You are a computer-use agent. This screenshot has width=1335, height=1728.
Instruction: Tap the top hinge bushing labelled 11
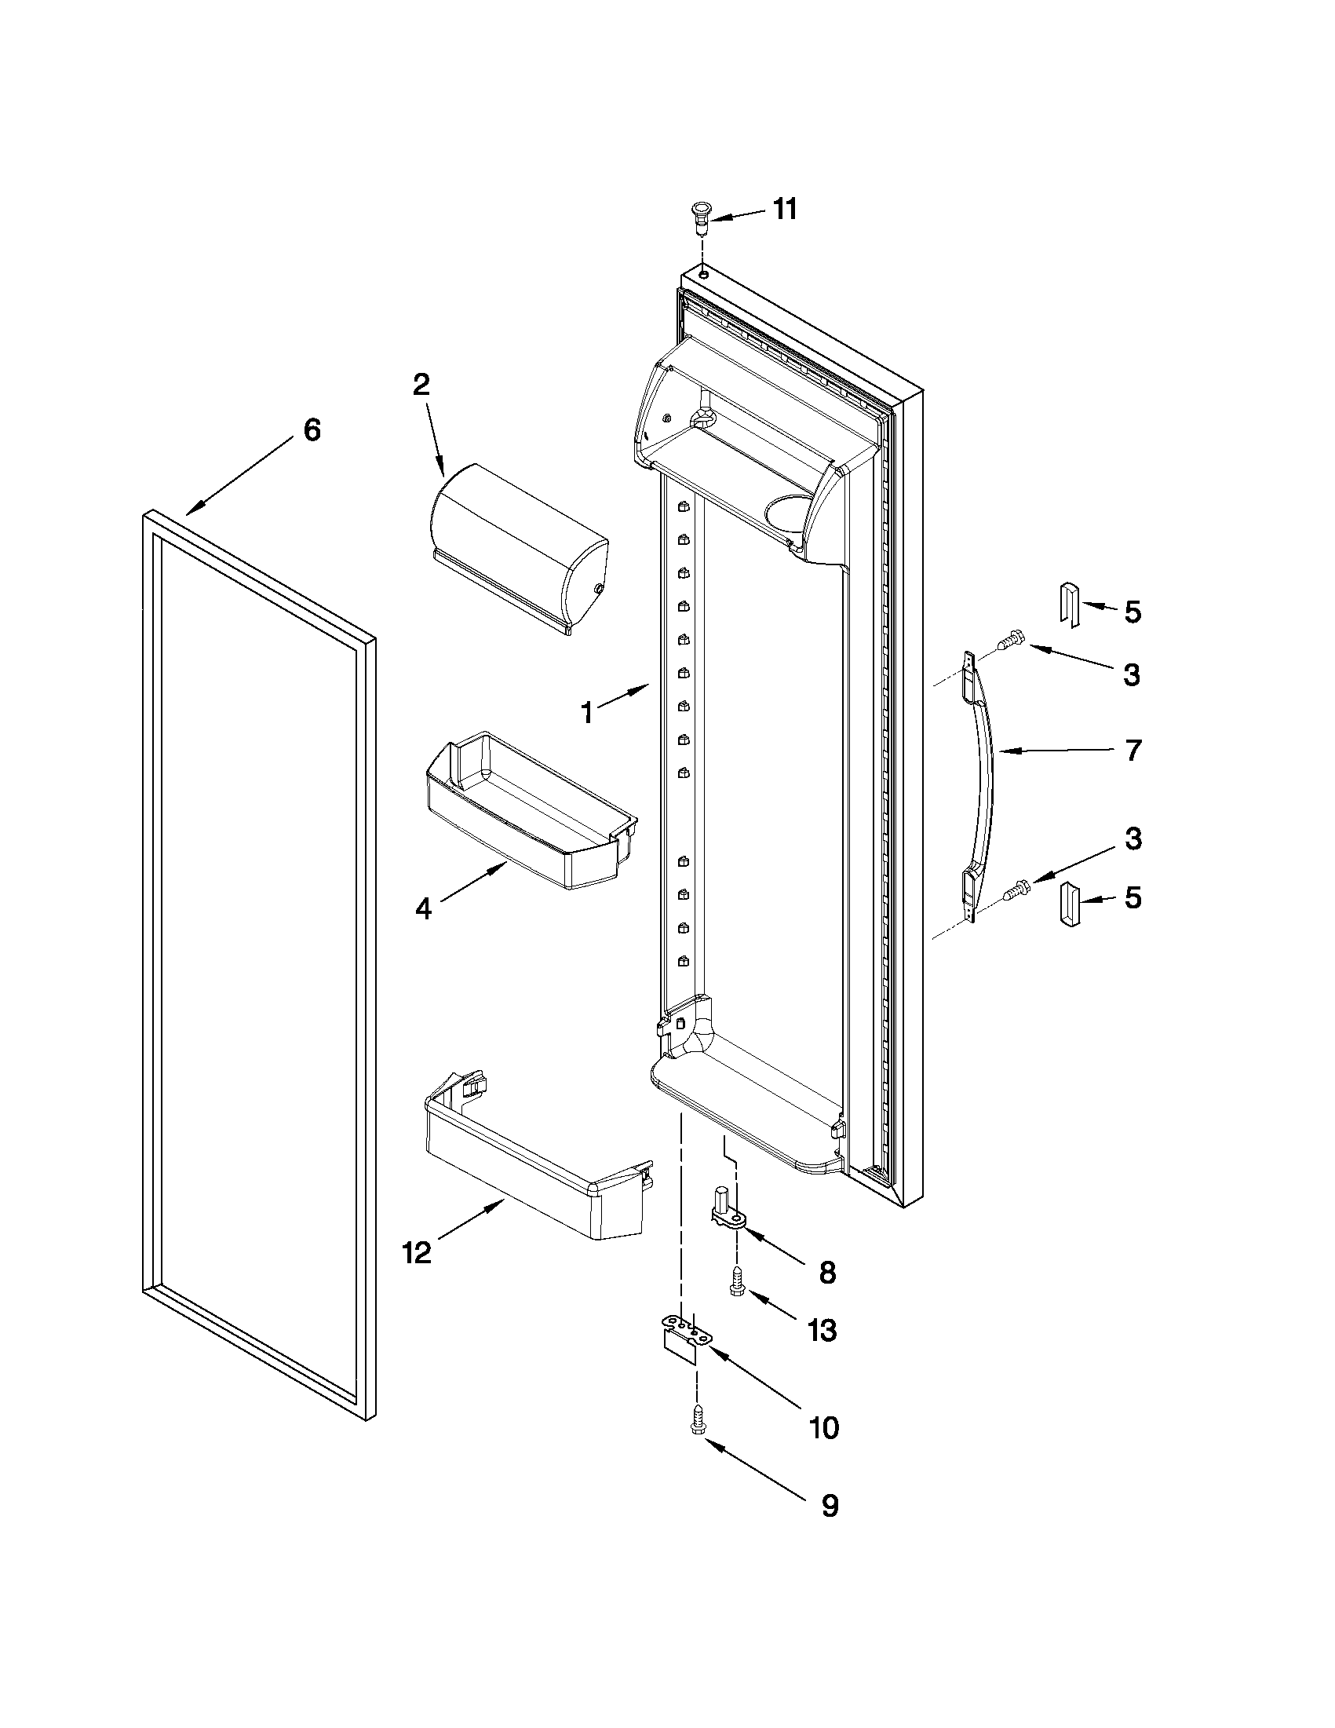pyautogui.click(x=700, y=217)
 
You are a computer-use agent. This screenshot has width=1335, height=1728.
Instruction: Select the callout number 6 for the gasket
pyautogui.click(x=312, y=430)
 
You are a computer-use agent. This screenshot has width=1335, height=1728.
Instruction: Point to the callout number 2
pyautogui.click(x=421, y=385)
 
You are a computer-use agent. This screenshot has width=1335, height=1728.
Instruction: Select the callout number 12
pyautogui.click(x=417, y=1252)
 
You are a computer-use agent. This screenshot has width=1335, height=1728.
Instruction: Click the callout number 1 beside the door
pyautogui.click(x=587, y=714)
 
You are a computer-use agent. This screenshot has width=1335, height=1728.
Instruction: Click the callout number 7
pyautogui.click(x=1133, y=750)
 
